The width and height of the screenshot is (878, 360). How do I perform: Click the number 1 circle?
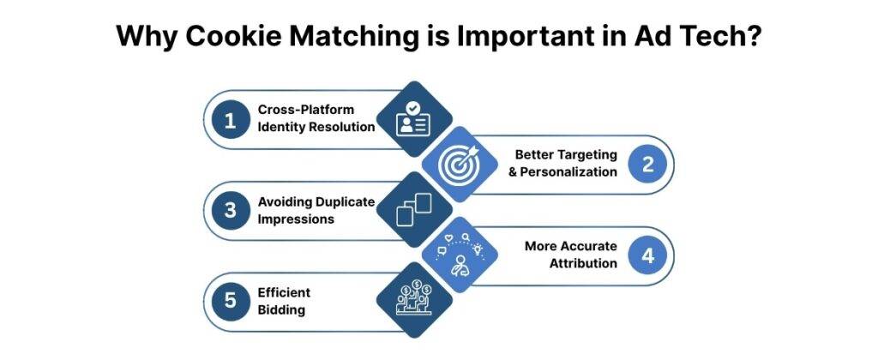[230, 120]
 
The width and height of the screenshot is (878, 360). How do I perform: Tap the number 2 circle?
[648, 165]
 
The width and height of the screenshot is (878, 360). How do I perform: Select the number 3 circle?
[230, 211]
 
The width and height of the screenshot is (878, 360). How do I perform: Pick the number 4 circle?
[648, 255]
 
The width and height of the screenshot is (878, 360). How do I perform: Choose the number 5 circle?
[230, 302]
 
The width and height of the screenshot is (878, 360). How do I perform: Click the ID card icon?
[414, 120]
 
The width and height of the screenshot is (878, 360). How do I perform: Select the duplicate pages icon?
[414, 211]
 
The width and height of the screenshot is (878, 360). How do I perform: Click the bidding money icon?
[414, 301]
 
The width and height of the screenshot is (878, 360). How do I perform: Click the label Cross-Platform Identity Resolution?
[316, 118]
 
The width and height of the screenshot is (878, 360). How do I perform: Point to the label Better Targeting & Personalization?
[566, 163]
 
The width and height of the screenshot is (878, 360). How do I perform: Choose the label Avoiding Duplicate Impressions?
[316, 210]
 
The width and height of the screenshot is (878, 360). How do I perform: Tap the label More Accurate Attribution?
[571, 255]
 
